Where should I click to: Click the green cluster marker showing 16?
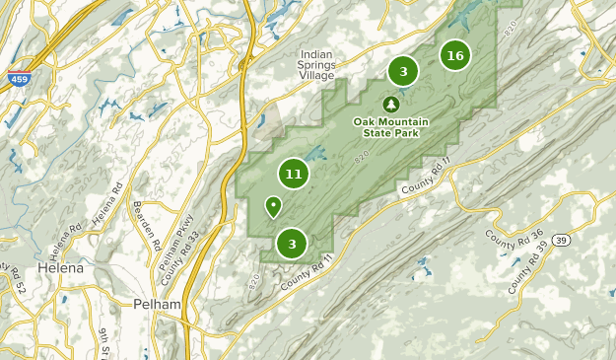coord(454,55)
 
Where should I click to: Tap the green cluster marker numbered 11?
coord(293,175)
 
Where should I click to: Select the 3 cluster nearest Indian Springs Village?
coord(403,71)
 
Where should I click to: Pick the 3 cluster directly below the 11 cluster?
coord(292,243)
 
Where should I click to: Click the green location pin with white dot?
coord(273,206)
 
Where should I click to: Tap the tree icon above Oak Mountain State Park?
coord(391,104)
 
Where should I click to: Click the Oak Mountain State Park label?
coord(391,127)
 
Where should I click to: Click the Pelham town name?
coord(158,304)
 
